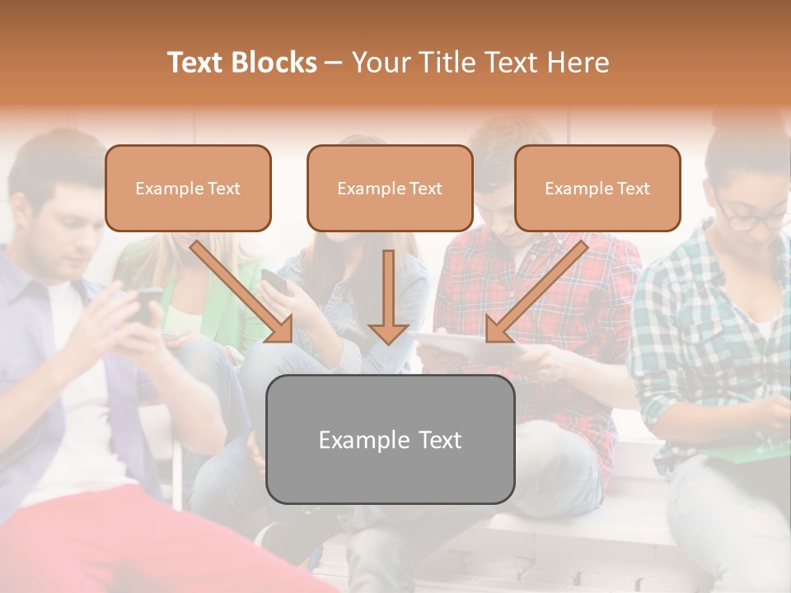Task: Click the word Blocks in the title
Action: [x=274, y=63]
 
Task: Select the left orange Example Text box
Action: [x=188, y=188]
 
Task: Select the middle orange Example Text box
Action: [x=390, y=188]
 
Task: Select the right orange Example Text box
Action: [x=597, y=188]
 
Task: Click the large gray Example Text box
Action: [x=390, y=439]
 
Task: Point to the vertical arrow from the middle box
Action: [x=389, y=296]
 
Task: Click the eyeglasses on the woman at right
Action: [x=750, y=216]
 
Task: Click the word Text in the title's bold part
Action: [x=196, y=63]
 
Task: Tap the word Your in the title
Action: [x=380, y=63]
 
